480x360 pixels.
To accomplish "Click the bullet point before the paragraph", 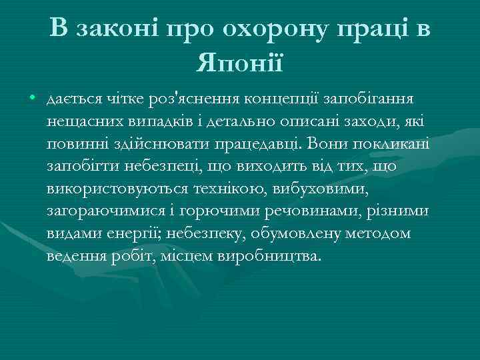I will click(x=33, y=99).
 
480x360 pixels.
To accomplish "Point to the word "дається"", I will click(x=71, y=99).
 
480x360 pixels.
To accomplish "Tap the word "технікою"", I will click(x=229, y=189).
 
